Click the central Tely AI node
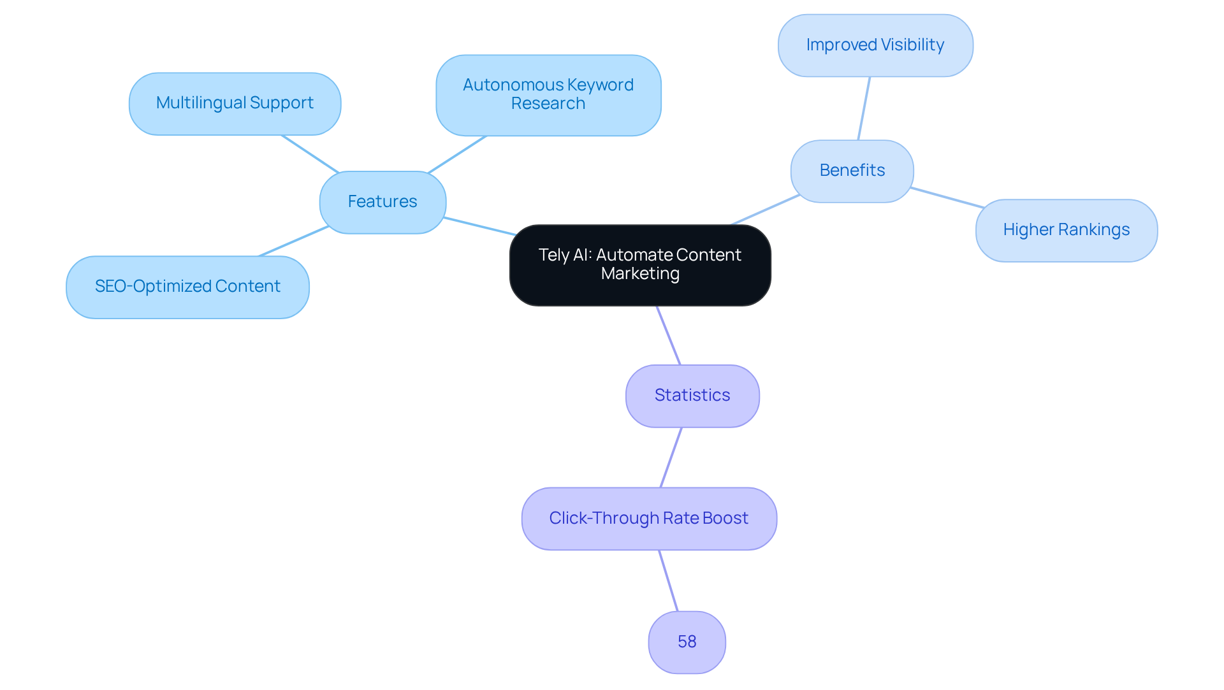(x=640, y=264)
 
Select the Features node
(x=382, y=202)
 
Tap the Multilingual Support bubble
(x=235, y=103)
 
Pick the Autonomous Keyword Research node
(x=548, y=95)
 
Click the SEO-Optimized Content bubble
(x=187, y=287)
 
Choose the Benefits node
(x=852, y=171)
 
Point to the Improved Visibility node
(x=875, y=45)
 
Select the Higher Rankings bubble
(x=1066, y=230)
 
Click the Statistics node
(x=692, y=396)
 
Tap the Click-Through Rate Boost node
(x=648, y=518)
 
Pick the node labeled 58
(x=687, y=642)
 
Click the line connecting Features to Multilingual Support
(x=310, y=154)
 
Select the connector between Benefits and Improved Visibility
(x=864, y=108)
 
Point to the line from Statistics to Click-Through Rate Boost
(x=671, y=457)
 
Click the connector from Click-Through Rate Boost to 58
(x=668, y=580)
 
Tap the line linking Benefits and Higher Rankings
(x=947, y=198)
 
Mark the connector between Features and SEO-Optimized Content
(x=294, y=241)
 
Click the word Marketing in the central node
(x=640, y=274)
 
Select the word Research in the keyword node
(x=548, y=104)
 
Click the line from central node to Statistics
(x=669, y=335)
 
